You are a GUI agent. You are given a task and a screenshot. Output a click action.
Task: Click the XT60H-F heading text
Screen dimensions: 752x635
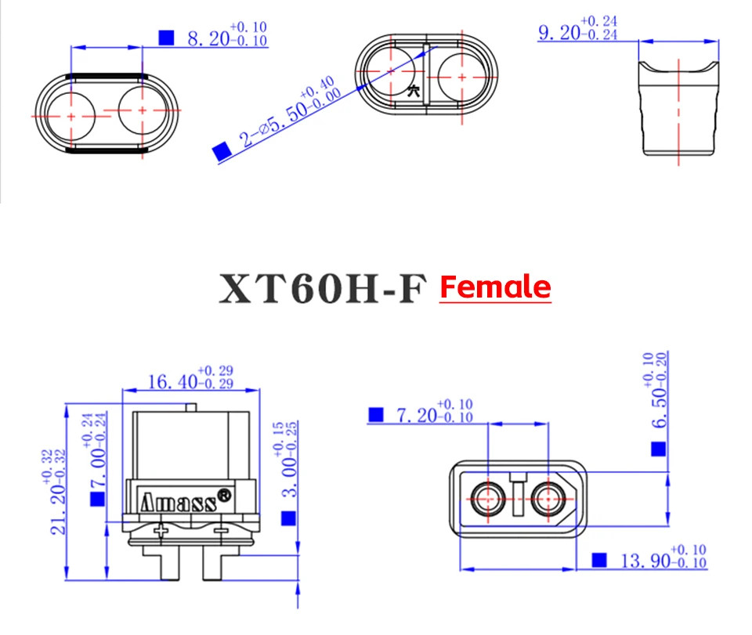coord(322,288)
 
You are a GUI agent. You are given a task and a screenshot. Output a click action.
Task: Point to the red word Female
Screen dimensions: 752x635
coord(495,287)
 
